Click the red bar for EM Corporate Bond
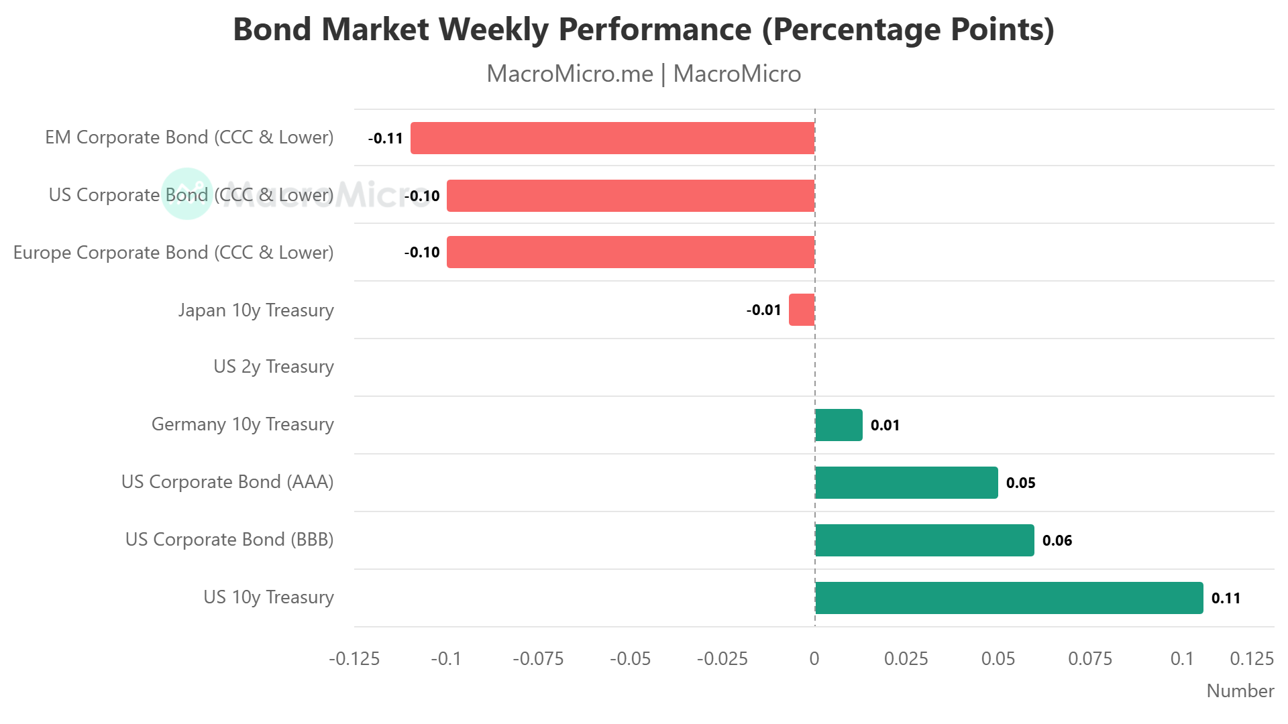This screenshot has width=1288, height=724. coord(612,138)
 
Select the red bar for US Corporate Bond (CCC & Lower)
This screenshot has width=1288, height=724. coord(631,196)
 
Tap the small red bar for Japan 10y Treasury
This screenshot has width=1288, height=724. coord(802,310)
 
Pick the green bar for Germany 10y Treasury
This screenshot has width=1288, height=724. coord(839,425)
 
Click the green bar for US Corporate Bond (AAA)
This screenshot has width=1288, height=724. coord(906,483)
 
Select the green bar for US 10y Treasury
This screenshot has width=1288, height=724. coord(1009,598)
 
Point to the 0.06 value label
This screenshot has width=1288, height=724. coord(1057,540)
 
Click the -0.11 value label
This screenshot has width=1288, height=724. coord(386,139)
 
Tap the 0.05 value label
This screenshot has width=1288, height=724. coord(1020,483)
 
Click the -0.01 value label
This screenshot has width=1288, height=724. coord(763,310)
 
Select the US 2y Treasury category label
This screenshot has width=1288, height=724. coord(273,367)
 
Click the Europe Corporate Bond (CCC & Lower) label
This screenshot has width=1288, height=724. coord(173,253)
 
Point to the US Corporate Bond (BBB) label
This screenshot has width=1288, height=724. coord(229,540)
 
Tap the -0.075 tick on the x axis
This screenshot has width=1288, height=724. coord(538,659)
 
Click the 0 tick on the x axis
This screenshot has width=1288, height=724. coord(814,659)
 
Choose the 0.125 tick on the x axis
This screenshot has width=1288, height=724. coord(1251,659)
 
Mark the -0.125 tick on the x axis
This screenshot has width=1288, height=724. coord(354,659)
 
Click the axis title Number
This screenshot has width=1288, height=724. coord(1240,691)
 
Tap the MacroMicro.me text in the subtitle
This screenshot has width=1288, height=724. coord(570,74)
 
